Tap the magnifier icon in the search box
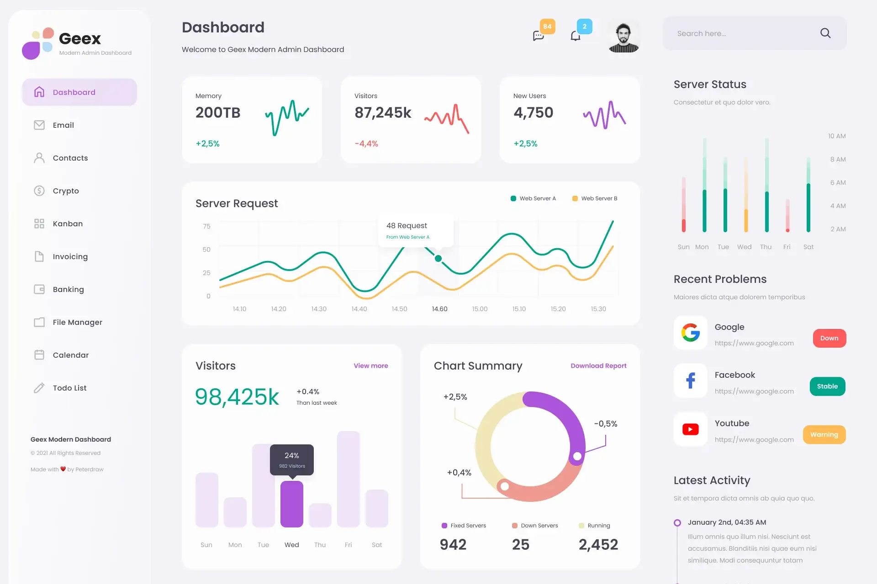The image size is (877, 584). [x=825, y=33]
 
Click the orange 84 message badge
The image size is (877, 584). [x=547, y=26]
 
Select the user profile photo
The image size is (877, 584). [x=624, y=36]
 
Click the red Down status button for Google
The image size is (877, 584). [x=829, y=338]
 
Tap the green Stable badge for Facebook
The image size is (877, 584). [x=828, y=386]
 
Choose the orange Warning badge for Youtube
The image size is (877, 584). [x=824, y=435]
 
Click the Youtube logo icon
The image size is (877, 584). [x=691, y=429]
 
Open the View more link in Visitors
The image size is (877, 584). [x=371, y=366]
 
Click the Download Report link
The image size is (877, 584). [x=598, y=366]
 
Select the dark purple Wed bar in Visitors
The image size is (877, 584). [x=292, y=504]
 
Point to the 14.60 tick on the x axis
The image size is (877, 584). [x=440, y=309]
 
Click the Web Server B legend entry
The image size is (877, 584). [x=595, y=198]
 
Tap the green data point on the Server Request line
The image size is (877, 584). [x=438, y=259]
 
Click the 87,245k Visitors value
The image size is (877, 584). [x=383, y=113]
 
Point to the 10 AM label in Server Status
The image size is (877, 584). [x=837, y=136]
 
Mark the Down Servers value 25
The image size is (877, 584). [x=521, y=544]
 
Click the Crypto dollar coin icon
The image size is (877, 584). [x=39, y=191]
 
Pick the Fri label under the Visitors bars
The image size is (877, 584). [x=349, y=545]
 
